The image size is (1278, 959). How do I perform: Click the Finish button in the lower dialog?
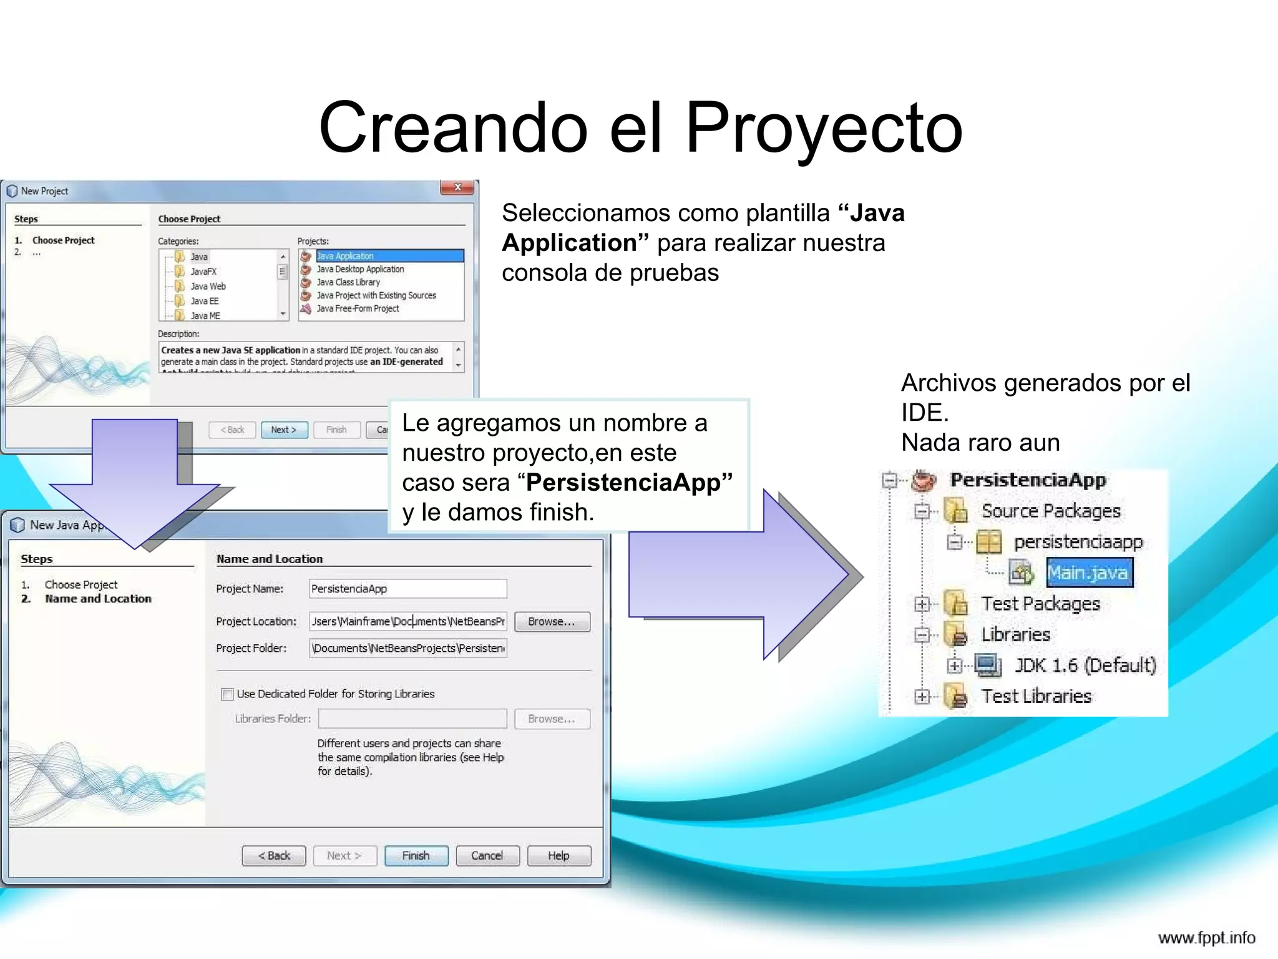point(416,855)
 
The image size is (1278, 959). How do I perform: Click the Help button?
point(559,855)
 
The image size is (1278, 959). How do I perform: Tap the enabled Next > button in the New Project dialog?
point(284,430)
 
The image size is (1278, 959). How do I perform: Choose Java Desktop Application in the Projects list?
point(360,269)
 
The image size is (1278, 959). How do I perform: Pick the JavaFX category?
point(203,272)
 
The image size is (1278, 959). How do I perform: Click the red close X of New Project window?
point(458,187)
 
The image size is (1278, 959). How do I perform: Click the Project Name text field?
point(407,589)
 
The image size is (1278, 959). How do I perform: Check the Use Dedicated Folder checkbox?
point(227,694)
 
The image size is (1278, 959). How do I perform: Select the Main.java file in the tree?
point(1088,573)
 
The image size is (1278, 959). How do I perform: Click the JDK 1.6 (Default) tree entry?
point(1085,666)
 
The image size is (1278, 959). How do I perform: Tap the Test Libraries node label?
point(1036,696)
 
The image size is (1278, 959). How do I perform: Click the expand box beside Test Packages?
point(922,604)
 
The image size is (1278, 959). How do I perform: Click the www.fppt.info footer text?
point(1206,938)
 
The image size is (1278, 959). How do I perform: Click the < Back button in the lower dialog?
point(274,855)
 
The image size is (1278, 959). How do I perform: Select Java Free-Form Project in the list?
point(358,308)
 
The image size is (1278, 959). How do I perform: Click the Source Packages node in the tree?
point(1051,511)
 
